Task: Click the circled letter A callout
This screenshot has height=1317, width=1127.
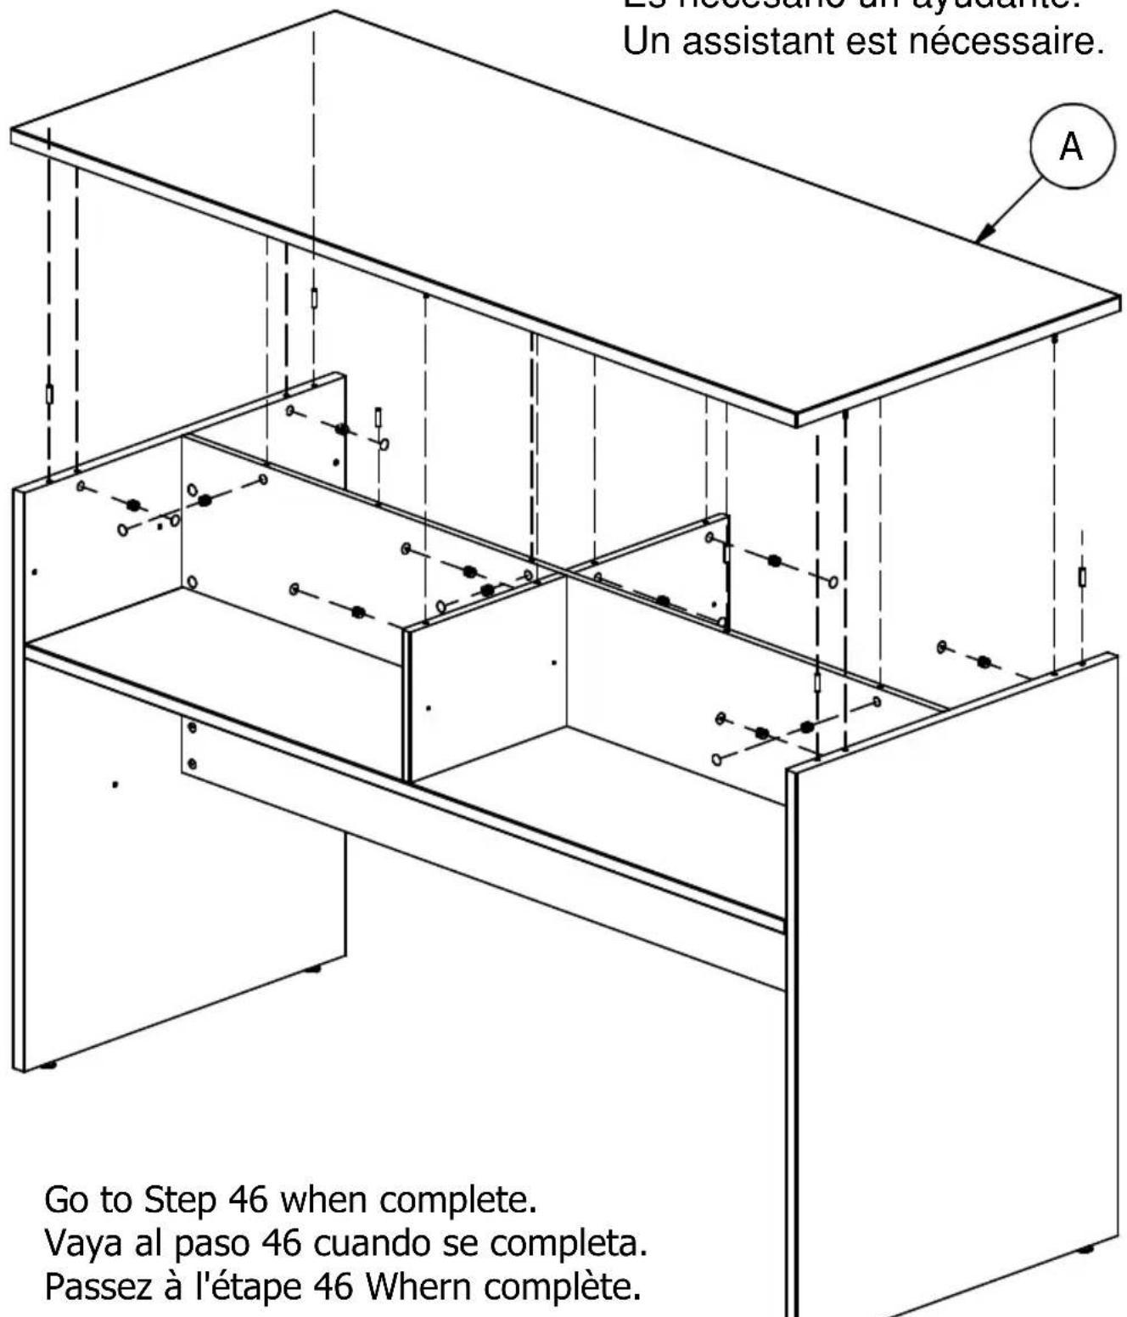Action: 1071,147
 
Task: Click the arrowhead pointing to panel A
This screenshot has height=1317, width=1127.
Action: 984,234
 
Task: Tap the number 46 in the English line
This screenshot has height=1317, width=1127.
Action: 249,1200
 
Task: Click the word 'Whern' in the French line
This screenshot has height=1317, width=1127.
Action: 418,1287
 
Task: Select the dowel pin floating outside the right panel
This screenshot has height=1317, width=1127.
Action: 1082,577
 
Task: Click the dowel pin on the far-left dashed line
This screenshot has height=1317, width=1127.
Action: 49,395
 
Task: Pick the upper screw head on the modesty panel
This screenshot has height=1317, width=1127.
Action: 192,729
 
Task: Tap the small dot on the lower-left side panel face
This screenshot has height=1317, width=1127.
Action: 115,785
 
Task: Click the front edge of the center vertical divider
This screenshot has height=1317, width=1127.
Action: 407,705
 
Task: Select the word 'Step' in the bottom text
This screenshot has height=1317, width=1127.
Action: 180,1200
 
